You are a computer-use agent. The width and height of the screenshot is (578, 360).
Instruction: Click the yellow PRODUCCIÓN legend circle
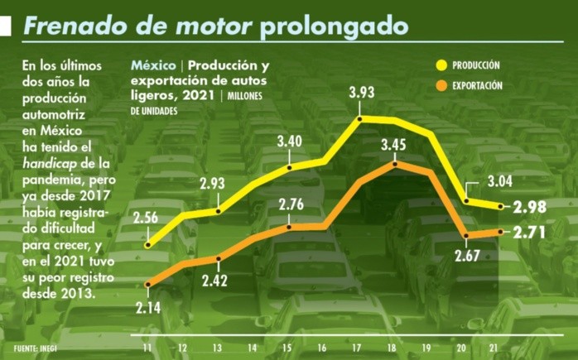(441, 65)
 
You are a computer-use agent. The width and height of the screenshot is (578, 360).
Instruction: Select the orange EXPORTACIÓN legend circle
(441, 85)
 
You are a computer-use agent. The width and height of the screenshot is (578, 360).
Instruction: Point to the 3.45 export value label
(394, 145)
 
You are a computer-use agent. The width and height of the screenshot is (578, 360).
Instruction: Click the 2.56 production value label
(146, 219)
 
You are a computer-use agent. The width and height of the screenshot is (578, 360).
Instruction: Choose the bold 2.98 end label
(530, 207)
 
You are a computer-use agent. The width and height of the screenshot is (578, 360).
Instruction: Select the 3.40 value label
(289, 141)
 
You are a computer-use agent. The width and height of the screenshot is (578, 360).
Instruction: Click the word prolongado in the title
(334, 26)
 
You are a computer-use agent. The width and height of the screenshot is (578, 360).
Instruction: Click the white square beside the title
(5, 26)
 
